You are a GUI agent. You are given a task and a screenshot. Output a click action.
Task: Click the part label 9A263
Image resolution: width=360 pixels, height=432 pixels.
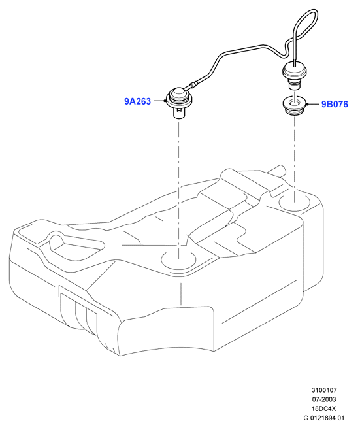pos(137,101)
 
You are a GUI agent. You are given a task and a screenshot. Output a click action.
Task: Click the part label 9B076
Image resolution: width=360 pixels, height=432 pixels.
pos(335,104)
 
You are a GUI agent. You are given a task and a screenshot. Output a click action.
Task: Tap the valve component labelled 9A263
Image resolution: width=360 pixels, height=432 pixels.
pos(179,102)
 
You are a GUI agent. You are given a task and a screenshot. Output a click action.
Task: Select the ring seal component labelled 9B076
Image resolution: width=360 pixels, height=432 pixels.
pos(295,106)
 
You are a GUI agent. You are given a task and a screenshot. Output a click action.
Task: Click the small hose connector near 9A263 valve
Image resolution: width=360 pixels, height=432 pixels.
pos(193,84)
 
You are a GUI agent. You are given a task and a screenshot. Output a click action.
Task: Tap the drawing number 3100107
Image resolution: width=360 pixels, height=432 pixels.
pos(324,390)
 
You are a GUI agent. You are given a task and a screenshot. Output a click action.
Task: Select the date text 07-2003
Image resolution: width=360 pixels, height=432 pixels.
pos(324,399)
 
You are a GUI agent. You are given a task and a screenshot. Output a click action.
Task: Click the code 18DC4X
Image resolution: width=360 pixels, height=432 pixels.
pos(324,408)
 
